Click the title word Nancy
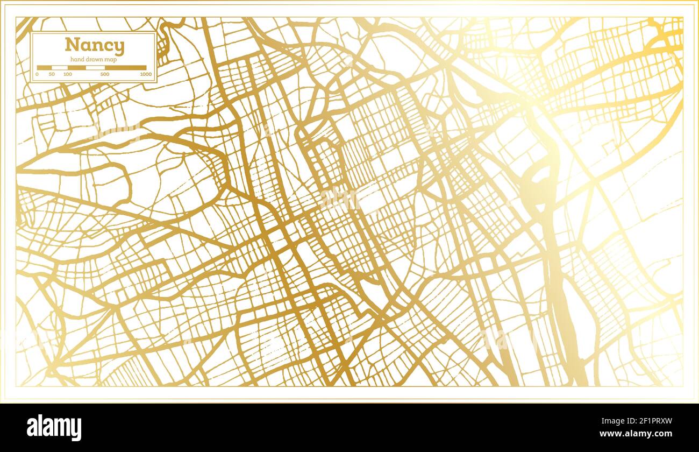(95, 46)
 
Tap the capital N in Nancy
(72, 45)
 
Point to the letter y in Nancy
(119, 47)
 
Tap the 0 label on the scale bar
(37, 74)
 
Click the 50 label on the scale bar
(52, 74)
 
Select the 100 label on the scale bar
(67, 74)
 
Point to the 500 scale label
(105, 74)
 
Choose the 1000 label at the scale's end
(146, 74)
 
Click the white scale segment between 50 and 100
(59, 68)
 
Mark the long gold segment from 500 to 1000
(125, 68)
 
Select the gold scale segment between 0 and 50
(44, 68)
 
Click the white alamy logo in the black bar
(54, 428)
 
